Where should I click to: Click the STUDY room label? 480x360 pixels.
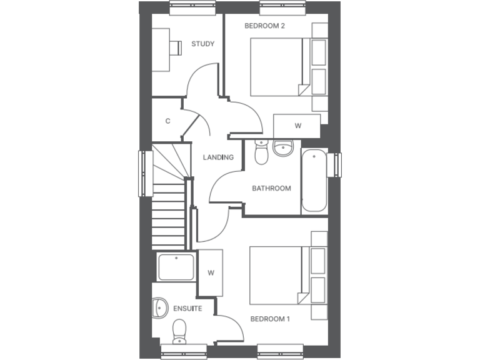pyautogui.click(x=202, y=44)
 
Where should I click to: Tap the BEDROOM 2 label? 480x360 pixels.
pyautogui.click(x=264, y=26)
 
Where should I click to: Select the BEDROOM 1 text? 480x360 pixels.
pyautogui.click(x=270, y=319)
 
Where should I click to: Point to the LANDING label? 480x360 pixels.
pyautogui.click(x=218, y=157)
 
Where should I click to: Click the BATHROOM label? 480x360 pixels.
pyautogui.click(x=271, y=188)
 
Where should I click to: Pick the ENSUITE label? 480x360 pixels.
pyautogui.click(x=187, y=308)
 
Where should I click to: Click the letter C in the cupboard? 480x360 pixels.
pyautogui.click(x=167, y=121)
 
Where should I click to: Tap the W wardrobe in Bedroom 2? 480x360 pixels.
pyautogui.click(x=297, y=125)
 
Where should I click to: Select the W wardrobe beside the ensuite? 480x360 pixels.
pyautogui.click(x=211, y=272)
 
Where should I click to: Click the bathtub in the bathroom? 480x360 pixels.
pyautogui.click(x=314, y=181)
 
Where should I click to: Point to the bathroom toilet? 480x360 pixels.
pyautogui.click(x=262, y=152)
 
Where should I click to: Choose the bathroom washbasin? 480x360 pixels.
pyautogui.click(x=283, y=149)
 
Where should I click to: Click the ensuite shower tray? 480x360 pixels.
pyautogui.click(x=176, y=267)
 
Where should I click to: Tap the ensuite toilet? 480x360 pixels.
pyautogui.click(x=180, y=329)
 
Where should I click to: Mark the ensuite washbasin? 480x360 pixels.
pyautogui.click(x=159, y=307)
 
